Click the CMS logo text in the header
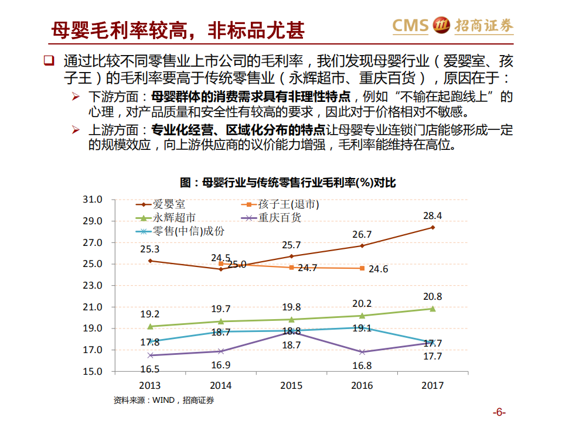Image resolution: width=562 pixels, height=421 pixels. tap(410, 25)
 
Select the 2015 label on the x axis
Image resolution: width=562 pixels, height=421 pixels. tap(291, 385)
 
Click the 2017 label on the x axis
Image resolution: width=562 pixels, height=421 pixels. tap(432, 385)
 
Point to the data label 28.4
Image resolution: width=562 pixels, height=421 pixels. tap(432, 216)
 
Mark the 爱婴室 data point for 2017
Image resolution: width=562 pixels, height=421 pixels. tap(432, 227)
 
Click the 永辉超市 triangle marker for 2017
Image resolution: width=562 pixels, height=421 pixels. tap(432, 309)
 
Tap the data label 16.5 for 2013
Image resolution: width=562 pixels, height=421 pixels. tap(150, 369)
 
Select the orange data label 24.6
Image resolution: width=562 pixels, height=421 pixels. tap(377, 269)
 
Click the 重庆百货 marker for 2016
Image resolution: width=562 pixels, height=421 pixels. tap(362, 352)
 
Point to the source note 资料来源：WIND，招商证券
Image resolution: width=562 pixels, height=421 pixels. tap(164, 401)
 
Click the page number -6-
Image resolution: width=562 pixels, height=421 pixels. tap(499, 410)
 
